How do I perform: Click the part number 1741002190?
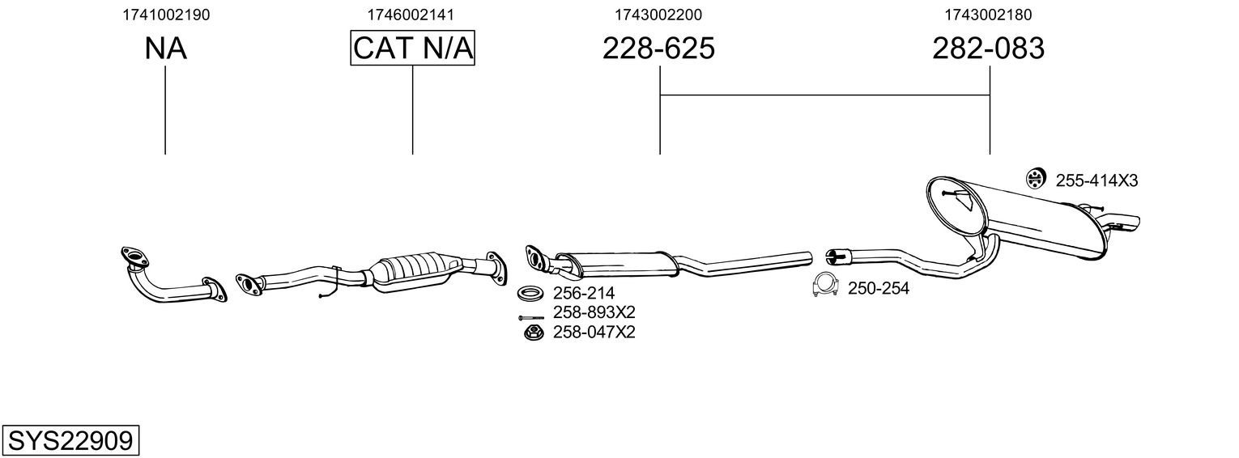pos(166,14)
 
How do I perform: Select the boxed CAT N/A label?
pos(412,49)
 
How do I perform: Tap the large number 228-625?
pos(658,49)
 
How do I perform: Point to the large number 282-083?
pos(988,49)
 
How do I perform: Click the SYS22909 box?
pos(70,441)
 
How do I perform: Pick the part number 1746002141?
pos(411,14)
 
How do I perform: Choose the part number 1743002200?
pos(658,14)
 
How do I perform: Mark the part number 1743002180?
pos(988,14)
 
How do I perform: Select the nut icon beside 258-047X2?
pos(532,332)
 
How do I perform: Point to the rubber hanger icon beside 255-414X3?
pos(1034,180)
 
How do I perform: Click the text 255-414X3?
pos(1096,180)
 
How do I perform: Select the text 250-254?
pos(878,288)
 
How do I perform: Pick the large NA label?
pos(166,49)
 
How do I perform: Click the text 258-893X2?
pos(594,312)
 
